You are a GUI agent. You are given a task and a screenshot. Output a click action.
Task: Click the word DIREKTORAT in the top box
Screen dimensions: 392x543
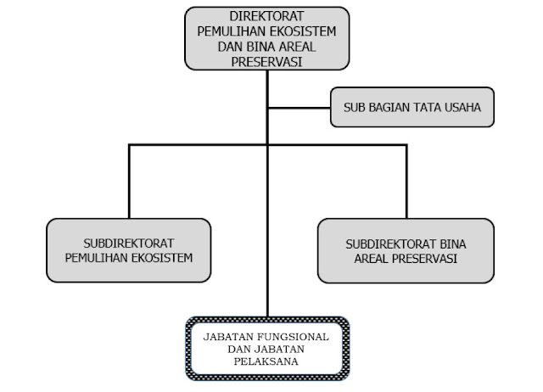click(267, 17)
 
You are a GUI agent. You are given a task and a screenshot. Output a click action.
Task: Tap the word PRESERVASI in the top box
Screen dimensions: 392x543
click(267, 61)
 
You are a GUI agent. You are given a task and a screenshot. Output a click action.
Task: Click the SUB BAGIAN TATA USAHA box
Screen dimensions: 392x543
click(411, 108)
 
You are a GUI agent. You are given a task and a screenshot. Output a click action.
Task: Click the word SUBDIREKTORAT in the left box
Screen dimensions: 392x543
click(129, 243)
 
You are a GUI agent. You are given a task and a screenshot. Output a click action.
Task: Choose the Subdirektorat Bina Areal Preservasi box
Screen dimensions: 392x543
click(406, 250)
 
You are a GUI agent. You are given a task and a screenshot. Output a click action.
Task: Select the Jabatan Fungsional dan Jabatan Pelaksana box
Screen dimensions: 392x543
click(266, 348)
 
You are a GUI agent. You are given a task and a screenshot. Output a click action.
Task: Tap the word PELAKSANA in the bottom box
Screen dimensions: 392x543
click(266, 361)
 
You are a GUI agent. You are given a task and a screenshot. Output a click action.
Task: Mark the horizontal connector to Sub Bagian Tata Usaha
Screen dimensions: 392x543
click(299, 108)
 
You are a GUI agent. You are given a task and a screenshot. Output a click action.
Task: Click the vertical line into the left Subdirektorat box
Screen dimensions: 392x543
click(129, 182)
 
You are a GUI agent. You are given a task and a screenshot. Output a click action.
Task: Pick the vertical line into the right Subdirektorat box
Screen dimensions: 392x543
click(406, 182)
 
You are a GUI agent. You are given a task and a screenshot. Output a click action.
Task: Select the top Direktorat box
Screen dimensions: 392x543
click(267, 38)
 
